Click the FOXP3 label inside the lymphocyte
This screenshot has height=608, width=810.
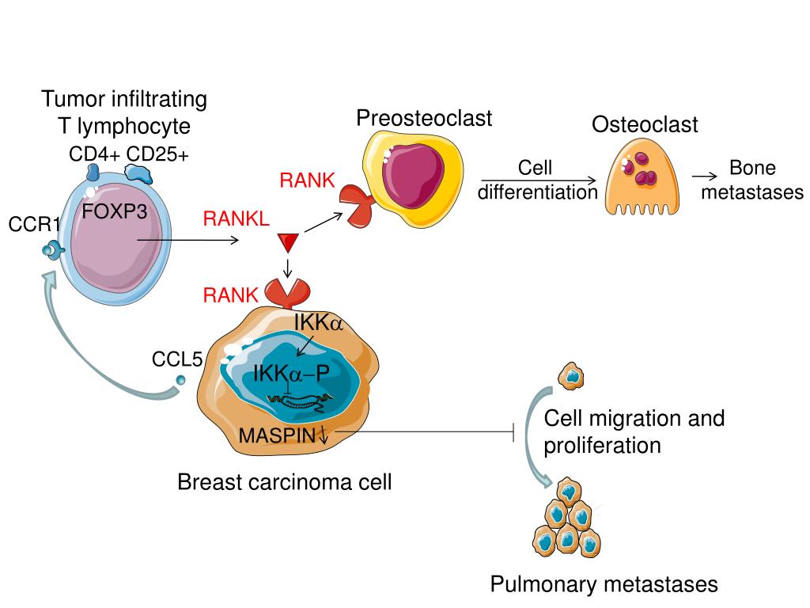click(115, 212)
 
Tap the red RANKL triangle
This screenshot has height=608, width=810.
click(286, 241)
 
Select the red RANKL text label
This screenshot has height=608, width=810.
click(236, 218)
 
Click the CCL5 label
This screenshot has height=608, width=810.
click(177, 361)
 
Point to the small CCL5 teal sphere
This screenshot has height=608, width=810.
click(180, 382)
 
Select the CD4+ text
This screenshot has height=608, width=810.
click(94, 154)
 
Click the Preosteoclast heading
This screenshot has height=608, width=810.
click(423, 119)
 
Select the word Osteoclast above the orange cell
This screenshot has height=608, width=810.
click(645, 125)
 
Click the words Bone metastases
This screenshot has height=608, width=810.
click(752, 180)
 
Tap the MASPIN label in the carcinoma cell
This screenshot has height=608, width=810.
click(278, 435)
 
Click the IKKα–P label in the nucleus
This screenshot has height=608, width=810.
click(291, 373)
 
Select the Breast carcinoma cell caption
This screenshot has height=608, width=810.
click(284, 481)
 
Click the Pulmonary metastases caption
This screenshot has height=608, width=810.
click(604, 584)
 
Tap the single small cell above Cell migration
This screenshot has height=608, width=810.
click(571, 377)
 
